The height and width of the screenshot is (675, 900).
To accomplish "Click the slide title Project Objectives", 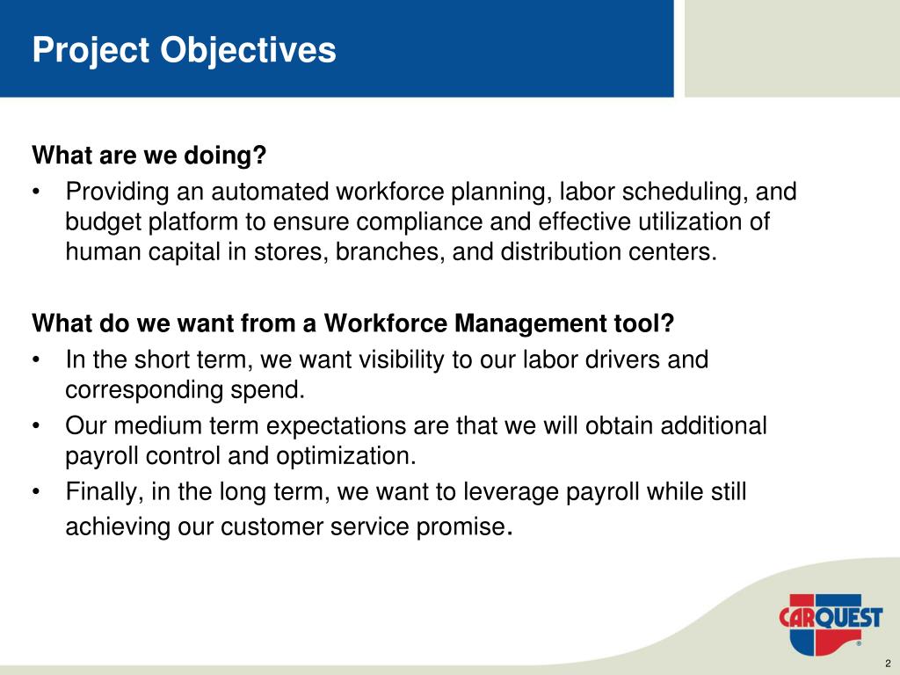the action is [184, 50].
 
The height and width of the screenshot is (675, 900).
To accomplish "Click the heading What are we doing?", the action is [149, 155].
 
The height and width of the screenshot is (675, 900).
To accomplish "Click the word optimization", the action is [345, 456].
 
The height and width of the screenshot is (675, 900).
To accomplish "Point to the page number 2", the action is [888, 664].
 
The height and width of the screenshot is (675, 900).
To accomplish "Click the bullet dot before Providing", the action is [37, 192].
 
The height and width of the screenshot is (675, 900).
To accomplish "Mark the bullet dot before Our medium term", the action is [37, 427].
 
